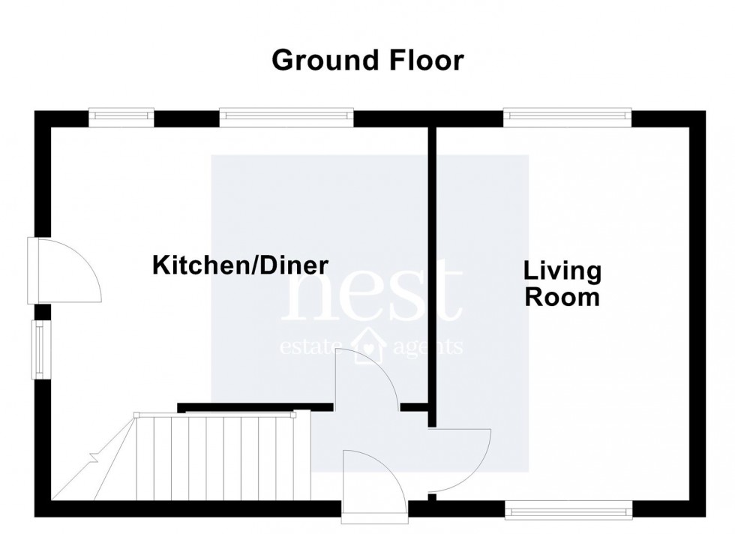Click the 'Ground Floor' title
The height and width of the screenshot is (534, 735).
[x=367, y=60]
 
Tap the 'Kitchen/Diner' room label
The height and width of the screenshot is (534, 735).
[x=241, y=265]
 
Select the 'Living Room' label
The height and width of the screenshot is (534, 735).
[x=562, y=283]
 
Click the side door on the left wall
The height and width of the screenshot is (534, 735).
[x=64, y=270]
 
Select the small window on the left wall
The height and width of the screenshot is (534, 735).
[x=38, y=349]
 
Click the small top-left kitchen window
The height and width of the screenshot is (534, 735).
[x=121, y=115]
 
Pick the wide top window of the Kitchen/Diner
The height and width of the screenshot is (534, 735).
[x=286, y=115]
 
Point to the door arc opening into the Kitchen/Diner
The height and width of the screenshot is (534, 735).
[x=367, y=379]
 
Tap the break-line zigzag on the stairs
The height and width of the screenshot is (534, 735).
[x=94, y=457]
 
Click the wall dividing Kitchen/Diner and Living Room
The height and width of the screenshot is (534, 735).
[x=431, y=262]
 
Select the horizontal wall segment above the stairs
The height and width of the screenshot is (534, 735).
[x=255, y=407]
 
